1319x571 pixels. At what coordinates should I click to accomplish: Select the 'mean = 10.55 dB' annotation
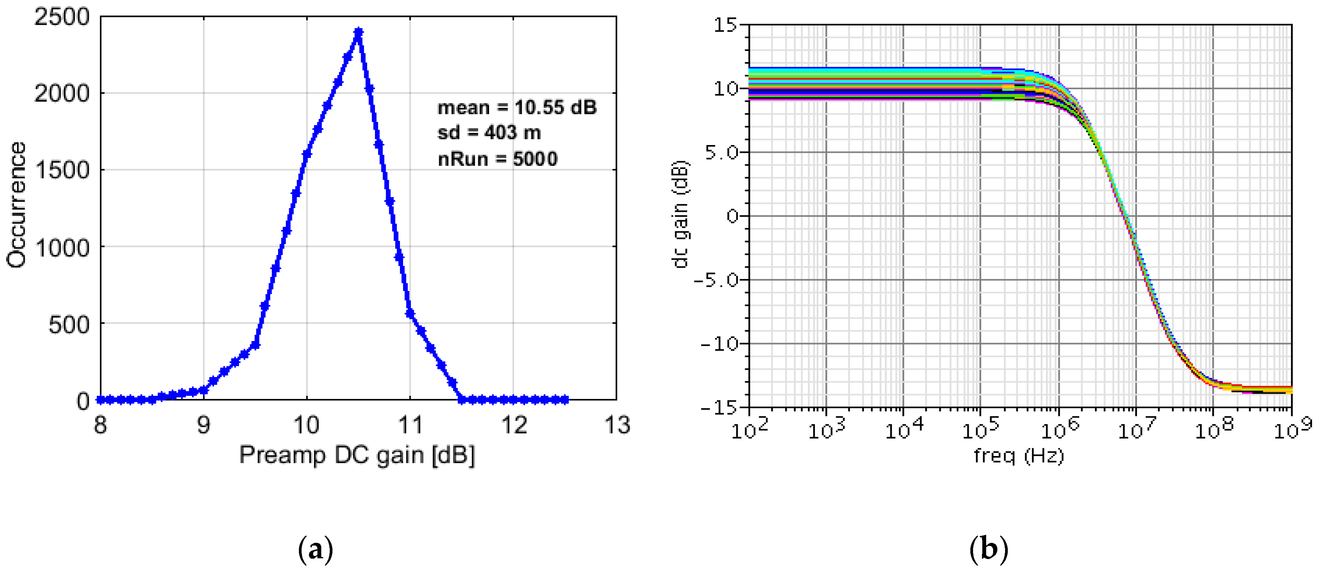click(x=517, y=108)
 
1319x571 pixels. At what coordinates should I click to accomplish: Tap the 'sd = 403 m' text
click(x=489, y=133)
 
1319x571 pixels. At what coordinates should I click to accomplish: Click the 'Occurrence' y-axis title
click(x=16, y=205)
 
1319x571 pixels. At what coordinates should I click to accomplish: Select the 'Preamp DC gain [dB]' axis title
click(x=357, y=455)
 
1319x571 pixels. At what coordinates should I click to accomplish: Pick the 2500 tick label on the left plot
click(x=61, y=17)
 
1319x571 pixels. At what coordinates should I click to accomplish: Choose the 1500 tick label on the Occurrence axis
click(x=61, y=170)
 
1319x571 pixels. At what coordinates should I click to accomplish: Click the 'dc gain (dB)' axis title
click(x=680, y=215)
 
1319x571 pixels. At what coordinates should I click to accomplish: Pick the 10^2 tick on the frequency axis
click(x=749, y=429)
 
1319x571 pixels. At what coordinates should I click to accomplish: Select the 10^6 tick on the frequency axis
click(x=1059, y=429)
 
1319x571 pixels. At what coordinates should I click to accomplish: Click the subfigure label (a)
click(x=315, y=549)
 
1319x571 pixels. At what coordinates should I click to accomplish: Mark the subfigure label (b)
click(x=989, y=549)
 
